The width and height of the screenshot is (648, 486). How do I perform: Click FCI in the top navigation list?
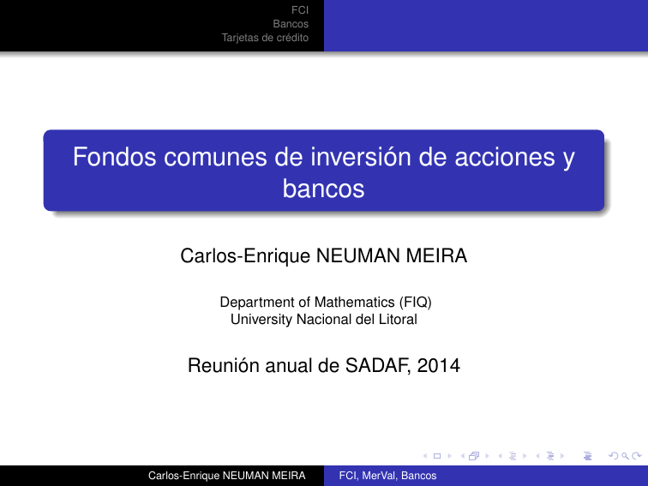click(301, 10)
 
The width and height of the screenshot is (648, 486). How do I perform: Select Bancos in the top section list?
click(291, 24)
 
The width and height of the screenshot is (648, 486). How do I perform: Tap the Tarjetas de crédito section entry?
click(265, 38)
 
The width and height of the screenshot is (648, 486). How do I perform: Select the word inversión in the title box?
click(353, 159)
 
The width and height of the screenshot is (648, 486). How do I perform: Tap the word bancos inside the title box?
click(323, 189)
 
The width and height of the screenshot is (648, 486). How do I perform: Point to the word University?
click(260, 320)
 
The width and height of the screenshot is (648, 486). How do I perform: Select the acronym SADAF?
click(378, 367)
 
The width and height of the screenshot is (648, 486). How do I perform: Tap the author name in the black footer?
click(226, 476)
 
